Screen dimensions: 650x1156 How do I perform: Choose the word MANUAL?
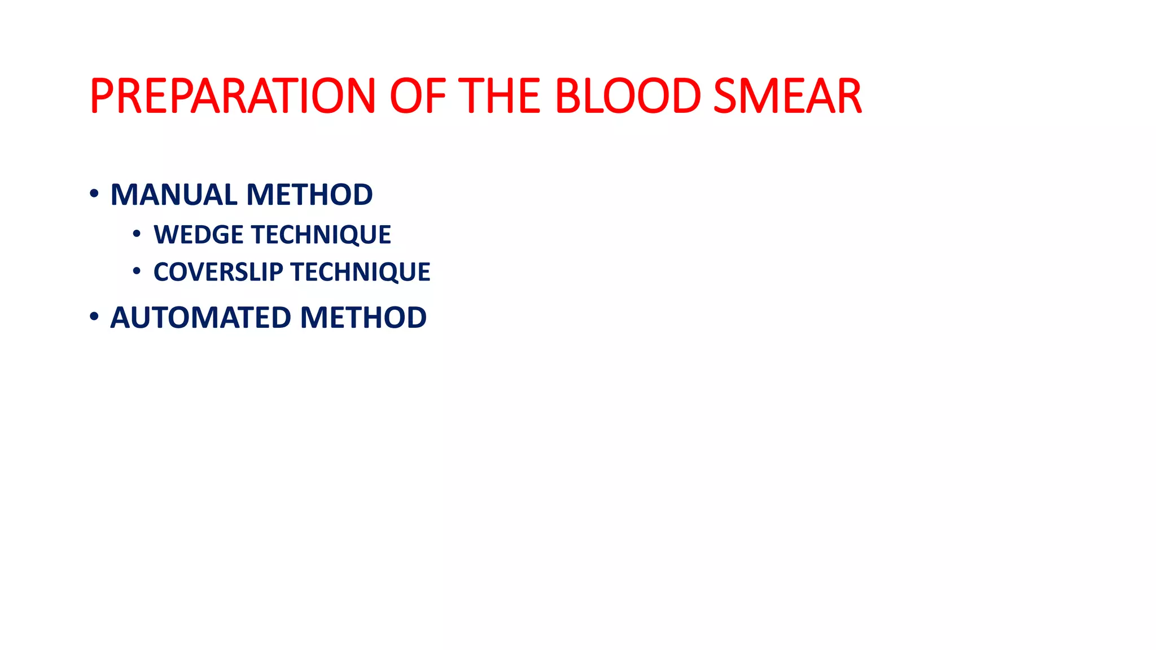pos(174,195)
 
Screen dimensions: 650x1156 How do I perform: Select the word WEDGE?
pos(198,235)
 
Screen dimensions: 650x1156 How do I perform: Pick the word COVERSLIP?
pos(218,272)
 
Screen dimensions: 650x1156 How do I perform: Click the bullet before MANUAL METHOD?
pos(94,194)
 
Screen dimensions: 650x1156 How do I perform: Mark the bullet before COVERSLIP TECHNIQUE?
pos(137,271)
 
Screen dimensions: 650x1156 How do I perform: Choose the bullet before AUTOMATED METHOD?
pos(94,317)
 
